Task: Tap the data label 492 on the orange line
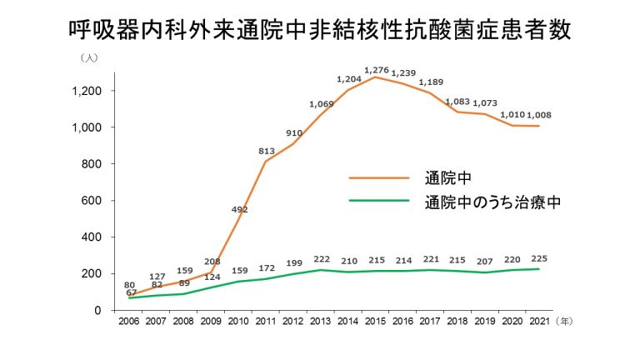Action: tap(239, 210)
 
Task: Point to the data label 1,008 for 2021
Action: tap(537, 115)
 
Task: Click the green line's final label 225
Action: tap(539, 258)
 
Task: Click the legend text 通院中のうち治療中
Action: tap(490, 202)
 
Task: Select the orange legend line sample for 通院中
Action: tap(378, 177)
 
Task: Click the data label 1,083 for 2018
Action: tap(457, 102)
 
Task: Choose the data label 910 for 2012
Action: tap(294, 133)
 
